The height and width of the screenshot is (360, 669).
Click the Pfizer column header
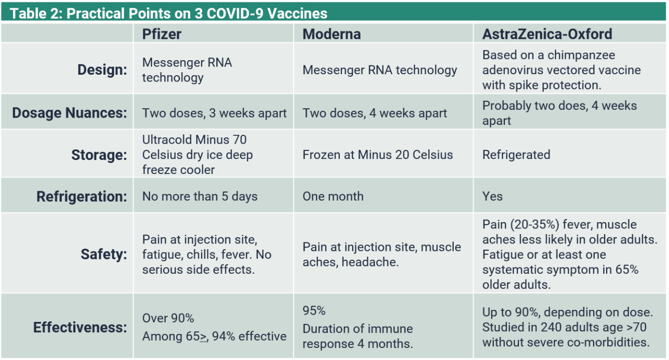[x=162, y=34]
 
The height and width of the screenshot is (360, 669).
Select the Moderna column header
[x=331, y=34]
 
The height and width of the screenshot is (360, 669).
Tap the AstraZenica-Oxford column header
[x=547, y=34]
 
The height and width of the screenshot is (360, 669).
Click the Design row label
[x=102, y=70]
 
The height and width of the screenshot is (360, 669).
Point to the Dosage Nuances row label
[x=70, y=113]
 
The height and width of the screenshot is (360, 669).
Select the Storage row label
[x=99, y=155]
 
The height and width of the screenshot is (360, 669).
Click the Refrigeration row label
[x=82, y=196]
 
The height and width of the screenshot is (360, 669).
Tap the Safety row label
[x=103, y=254]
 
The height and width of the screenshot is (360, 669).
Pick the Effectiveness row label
[x=80, y=327]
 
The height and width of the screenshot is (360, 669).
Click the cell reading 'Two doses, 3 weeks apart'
[x=214, y=113]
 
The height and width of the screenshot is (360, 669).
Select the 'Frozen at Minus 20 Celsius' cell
[x=377, y=155]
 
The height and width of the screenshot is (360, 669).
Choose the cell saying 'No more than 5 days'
[x=200, y=196]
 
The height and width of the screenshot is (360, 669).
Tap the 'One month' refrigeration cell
[x=333, y=196]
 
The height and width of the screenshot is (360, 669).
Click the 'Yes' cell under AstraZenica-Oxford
[x=492, y=196]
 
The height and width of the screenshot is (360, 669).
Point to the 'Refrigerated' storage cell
[x=516, y=155]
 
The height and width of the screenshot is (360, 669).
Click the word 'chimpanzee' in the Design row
[x=581, y=55]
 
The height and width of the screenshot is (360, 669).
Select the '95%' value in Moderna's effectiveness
[x=314, y=311]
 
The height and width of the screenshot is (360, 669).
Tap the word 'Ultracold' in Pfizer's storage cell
[x=167, y=140]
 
